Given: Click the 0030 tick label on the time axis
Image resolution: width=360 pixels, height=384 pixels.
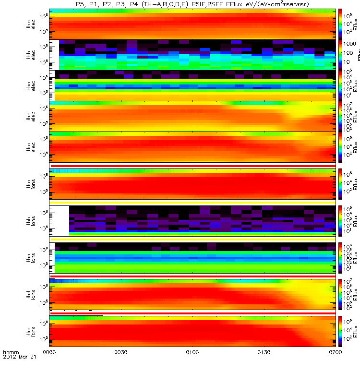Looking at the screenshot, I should click(121, 366).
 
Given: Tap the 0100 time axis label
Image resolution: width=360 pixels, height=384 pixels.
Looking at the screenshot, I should click(192, 366).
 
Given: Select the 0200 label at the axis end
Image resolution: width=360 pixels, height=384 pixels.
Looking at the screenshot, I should click(335, 366).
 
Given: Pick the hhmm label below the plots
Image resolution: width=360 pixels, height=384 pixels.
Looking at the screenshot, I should click(11, 366).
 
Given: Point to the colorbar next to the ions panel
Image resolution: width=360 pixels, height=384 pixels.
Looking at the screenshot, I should click(340, 184).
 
